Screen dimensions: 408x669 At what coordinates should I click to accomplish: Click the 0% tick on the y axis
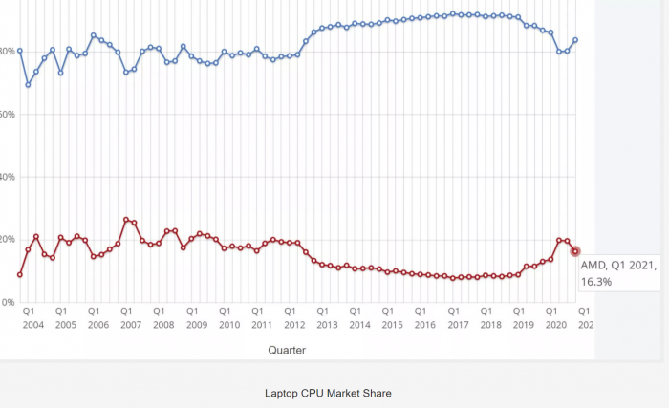(8, 302)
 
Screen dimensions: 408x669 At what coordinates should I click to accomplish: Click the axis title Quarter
(288, 350)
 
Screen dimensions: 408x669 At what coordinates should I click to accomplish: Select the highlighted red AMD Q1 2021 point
(575, 251)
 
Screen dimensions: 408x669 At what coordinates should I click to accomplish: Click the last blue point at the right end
(575, 40)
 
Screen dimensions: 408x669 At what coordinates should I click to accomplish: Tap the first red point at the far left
(20, 275)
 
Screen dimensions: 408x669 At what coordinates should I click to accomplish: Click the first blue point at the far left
(20, 51)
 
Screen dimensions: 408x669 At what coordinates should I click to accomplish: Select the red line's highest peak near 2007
(126, 220)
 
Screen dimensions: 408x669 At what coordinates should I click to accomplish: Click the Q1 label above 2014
(355, 311)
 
